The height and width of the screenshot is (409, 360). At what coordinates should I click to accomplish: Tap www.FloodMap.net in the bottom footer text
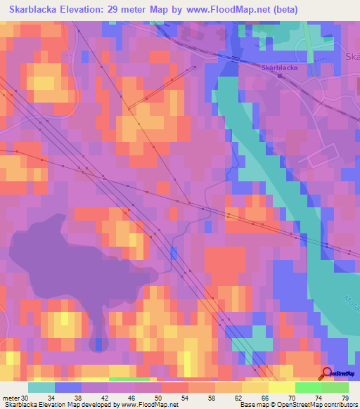click(150, 405)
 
